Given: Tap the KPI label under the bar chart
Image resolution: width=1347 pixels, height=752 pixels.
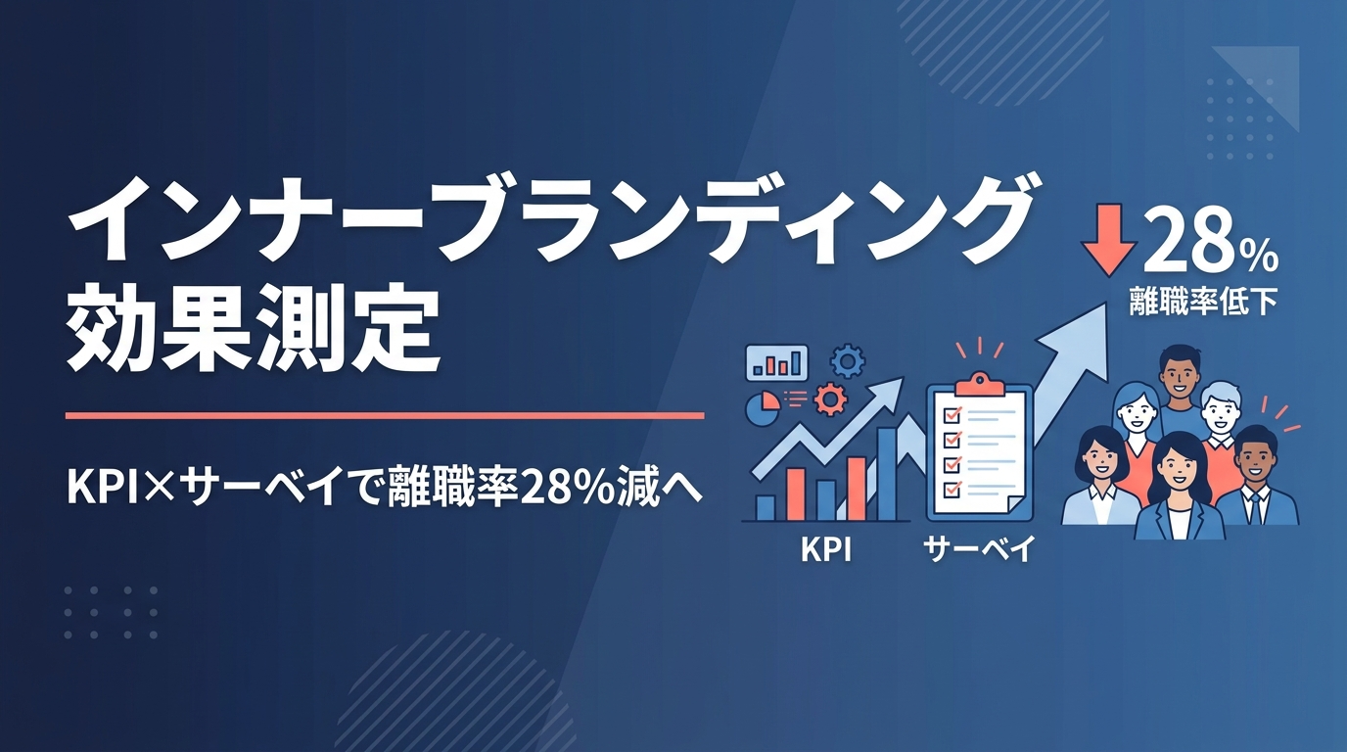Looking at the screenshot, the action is [826, 550].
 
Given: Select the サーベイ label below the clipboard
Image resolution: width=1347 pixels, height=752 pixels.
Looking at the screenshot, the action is [979, 550].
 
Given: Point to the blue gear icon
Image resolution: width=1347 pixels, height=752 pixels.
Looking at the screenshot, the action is [848, 361].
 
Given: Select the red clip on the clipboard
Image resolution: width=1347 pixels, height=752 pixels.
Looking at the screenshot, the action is [979, 383].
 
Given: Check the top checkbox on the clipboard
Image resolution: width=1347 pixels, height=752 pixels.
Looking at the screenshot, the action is [952, 415].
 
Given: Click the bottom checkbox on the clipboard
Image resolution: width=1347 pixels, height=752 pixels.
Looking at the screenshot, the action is [952, 488].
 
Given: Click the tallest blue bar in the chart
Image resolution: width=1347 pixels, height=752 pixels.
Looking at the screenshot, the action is [887, 474].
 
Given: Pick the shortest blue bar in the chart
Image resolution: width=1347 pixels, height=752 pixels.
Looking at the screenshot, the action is [765, 508].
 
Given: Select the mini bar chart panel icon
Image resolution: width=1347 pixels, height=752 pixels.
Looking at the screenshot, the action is [776, 362].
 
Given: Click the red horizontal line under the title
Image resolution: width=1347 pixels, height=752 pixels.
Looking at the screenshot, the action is [385, 415].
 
